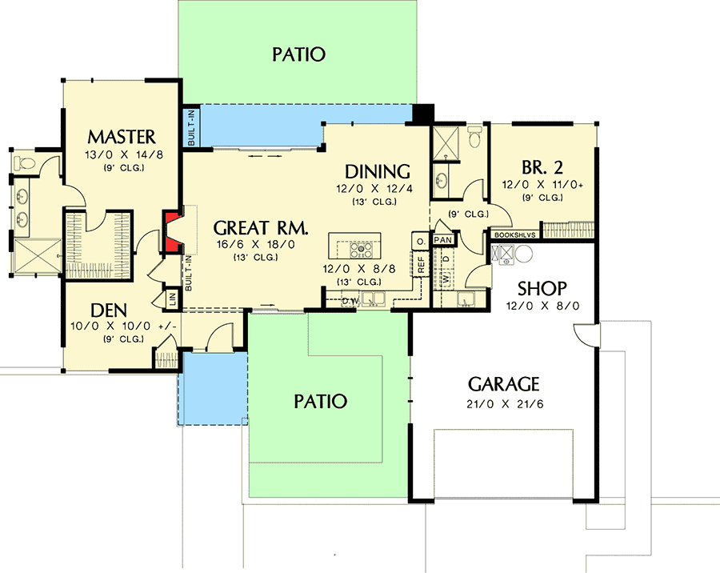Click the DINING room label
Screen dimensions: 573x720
(x=378, y=171)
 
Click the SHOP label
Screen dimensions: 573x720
(x=542, y=288)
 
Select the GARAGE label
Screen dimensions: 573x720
(x=503, y=383)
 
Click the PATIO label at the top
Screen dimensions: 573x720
(x=298, y=54)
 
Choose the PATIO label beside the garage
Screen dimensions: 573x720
(x=319, y=400)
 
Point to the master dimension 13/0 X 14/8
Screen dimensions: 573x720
(x=122, y=154)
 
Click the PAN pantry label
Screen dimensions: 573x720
(x=442, y=239)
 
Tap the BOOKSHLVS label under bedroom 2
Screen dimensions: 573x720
(x=514, y=235)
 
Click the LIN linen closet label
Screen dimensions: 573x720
(x=171, y=299)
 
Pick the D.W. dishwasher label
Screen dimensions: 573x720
(x=349, y=301)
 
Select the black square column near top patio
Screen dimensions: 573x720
(x=422, y=114)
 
